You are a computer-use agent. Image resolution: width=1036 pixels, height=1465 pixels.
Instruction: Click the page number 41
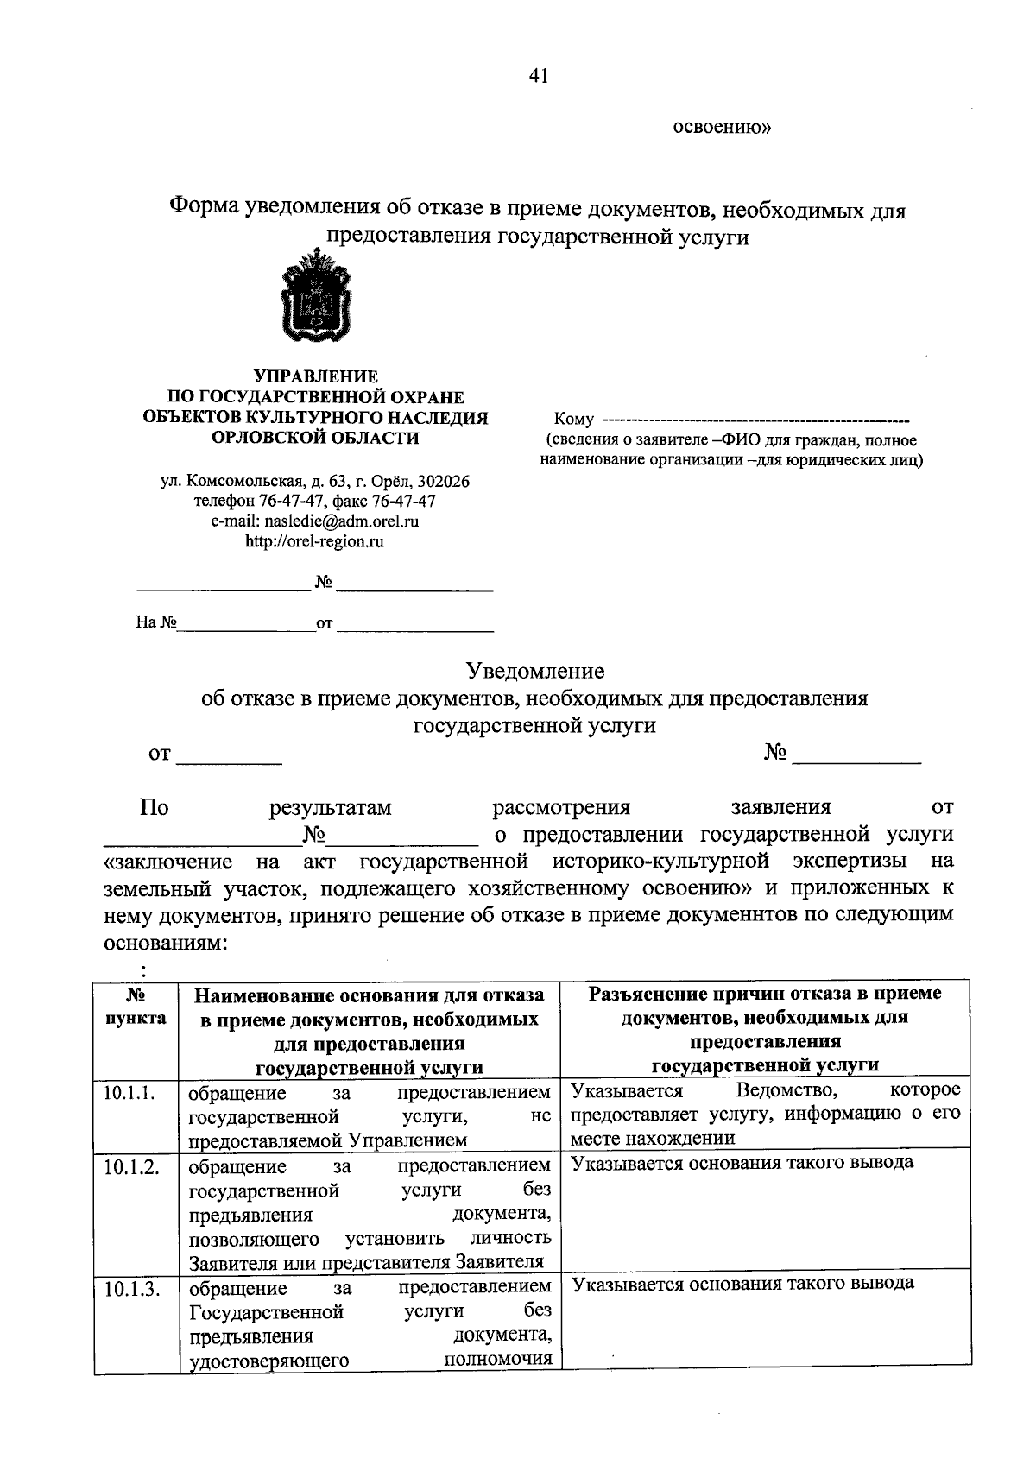pyautogui.click(x=539, y=77)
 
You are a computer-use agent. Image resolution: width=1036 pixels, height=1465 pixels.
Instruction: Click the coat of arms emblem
pyautogui.click(x=316, y=296)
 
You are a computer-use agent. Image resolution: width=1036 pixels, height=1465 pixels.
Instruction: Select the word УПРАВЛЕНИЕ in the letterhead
pyautogui.click(x=315, y=376)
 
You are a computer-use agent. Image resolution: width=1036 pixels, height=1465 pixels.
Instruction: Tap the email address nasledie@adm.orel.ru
pyautogui.click(x=351, y=521)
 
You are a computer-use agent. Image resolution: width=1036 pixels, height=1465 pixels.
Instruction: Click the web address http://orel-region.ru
pyautogui.click(x=315, y=542)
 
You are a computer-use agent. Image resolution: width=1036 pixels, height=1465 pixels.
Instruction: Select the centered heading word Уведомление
pyautogui.click(x=535, y=671)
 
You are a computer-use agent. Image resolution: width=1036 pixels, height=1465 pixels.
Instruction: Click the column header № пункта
pyautogui.click(x=135, y=1006)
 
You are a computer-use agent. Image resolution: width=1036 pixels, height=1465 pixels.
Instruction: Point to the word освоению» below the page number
pyautogui.click(x=722, y=129)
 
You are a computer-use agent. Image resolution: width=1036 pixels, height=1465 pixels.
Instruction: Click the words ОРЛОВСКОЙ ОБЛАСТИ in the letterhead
pyautogui.click(x=315, y=438)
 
